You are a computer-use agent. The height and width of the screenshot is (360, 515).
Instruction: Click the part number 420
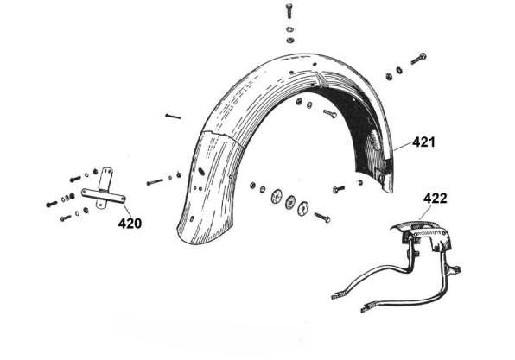click(x=130, y=223)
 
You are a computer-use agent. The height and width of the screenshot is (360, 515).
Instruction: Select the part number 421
click(x=423, y=142)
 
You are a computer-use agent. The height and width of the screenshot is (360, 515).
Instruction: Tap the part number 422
click(x=436, y=199)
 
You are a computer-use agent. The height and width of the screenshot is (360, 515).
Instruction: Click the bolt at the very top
click(x=289, y=11)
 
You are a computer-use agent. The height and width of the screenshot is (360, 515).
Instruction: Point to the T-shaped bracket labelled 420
click(x=104, y=194)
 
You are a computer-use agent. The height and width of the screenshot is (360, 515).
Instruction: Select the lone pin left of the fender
click(x=173, y=116)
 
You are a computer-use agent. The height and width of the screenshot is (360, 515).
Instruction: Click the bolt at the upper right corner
click(x=418, y=59)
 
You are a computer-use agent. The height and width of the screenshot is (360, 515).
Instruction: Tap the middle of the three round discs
click(x=289, y=202)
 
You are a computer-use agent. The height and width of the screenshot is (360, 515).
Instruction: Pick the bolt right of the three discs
click(x=322, y=218)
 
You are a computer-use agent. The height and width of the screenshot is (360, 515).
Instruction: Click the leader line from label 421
click(x=403, y=147)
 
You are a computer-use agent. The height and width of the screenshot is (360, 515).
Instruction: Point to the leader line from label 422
click(x=426, y=212)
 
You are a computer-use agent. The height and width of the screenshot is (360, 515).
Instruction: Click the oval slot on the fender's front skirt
click(x=200, y=171)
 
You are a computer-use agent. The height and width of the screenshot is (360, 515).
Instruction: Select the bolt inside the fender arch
click(x=330, y=114)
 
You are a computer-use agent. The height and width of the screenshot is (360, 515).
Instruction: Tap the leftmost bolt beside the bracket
click(x=52, y=204)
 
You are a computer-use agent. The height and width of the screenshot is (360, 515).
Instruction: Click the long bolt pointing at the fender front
click(x=155, y=181)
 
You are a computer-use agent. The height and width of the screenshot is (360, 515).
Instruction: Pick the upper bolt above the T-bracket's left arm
click(x=75, y=179)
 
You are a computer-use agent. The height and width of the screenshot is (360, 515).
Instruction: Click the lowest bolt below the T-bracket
click(x=66, y=218)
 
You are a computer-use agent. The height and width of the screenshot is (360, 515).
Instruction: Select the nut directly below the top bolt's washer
click(x=290, y=41)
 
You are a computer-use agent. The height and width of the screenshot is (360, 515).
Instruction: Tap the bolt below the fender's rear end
click(x=339, y=189)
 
